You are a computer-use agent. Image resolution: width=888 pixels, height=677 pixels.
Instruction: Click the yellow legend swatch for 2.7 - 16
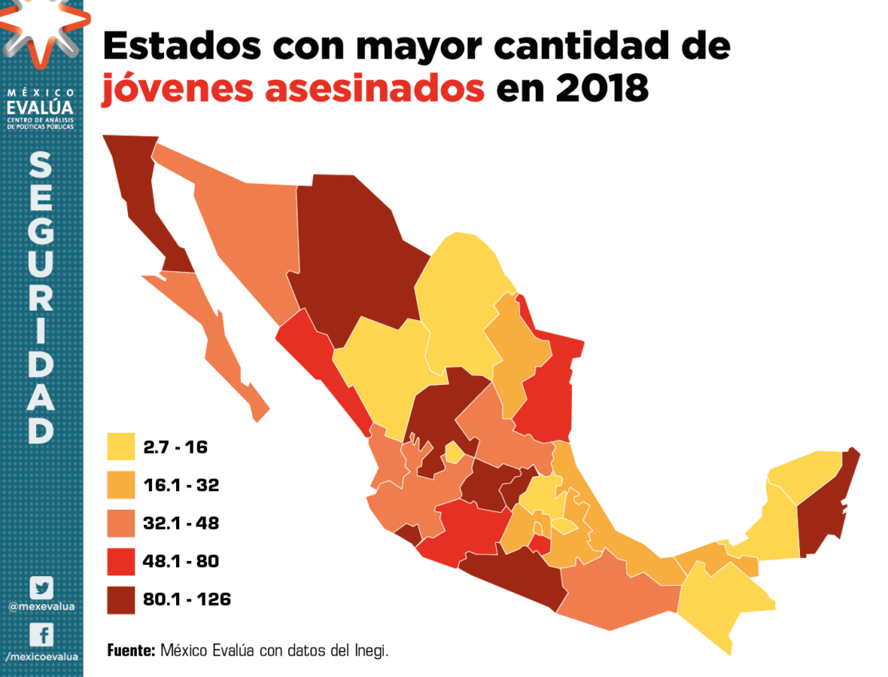pyautogui.click(x=122, y=447)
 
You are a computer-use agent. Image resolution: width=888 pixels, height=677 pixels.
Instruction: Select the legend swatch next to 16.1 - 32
pyautogui.click(x=122, y=485)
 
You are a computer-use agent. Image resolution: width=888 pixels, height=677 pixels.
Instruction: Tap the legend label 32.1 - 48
pyautogui.click(x=181, y=523)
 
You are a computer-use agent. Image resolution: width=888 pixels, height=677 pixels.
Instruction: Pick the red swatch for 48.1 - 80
pyautogui.click(x=122, y=562)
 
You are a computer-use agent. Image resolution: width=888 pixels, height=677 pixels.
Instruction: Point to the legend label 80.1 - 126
pyautogui.click(x=186, y=599)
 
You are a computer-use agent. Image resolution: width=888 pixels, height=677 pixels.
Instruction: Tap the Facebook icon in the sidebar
pyautogui.click(x=42, y=635)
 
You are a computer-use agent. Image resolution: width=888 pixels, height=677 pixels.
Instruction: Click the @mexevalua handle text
pyautogui.click(x=42, y=607)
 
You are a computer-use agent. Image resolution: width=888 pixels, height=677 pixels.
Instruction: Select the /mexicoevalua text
pyautogui.click(x=42, y=655)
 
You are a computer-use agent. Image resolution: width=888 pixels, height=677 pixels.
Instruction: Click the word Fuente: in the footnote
pyautogui.click(x=131, y=651)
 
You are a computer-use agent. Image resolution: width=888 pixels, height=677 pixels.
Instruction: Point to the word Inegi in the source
pyautogui.click(x=370, y=651)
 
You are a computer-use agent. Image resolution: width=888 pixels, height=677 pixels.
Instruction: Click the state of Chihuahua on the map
pyautogui.click(x=352, y=248)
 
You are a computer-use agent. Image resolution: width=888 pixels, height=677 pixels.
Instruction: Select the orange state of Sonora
pyautogui.click(x=248, y=232)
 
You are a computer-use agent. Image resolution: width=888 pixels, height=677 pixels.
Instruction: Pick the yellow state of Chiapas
pyautogui.click(x=720, y=600)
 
